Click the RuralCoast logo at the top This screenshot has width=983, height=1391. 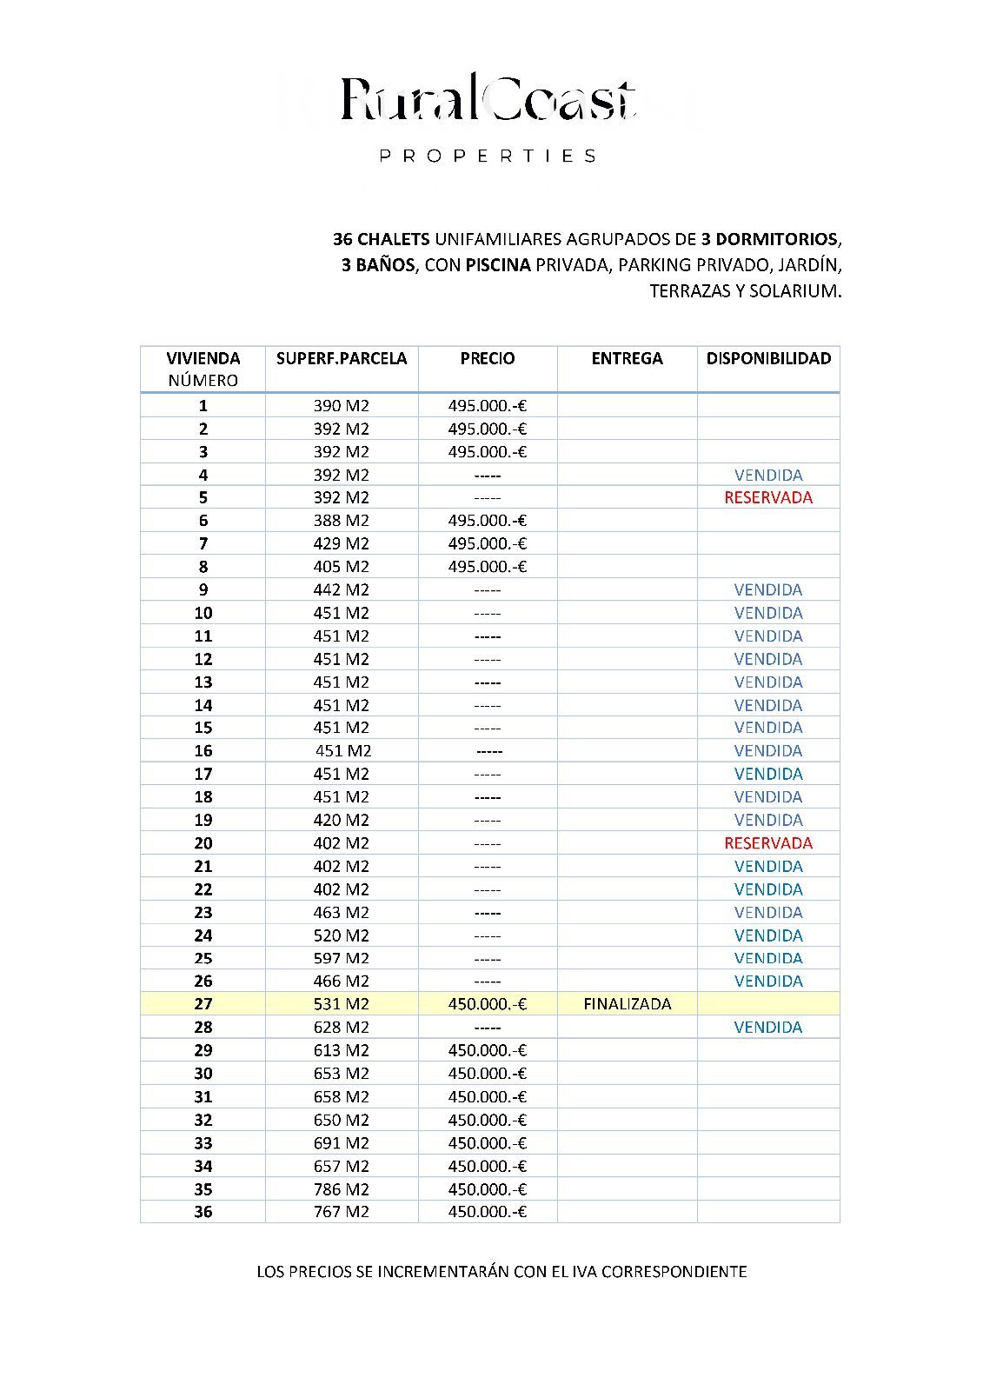(x=488, y=100)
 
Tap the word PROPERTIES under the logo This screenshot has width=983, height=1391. (x=488, y=156)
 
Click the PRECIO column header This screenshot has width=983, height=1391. (x=488, y=358)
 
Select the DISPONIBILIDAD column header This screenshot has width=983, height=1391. (x=768, y=358)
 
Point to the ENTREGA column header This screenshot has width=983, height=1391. (x=627, y=358)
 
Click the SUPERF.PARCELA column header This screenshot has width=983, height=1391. (x=342, y=358)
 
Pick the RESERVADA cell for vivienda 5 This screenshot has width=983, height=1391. (x=768, y=497)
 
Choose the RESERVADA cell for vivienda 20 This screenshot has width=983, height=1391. (x=768, y=842)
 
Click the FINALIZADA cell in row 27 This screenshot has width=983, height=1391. (x=628, y=1003)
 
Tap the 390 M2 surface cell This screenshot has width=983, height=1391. (x=342, y=405)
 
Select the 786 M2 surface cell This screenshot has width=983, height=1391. (x=342, y=1188)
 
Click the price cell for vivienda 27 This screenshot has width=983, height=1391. (x=488, y=1003)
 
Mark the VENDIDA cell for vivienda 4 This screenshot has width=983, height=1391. (x=768, y=475)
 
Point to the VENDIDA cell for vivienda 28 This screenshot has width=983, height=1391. (x=768, y=1027)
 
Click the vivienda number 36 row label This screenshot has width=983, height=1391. (x=203, y=1211)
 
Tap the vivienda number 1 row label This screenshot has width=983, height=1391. (x=203, y=405)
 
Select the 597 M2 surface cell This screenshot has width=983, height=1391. (x=342, y=958)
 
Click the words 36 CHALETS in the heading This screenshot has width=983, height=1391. (x=382, y=238)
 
